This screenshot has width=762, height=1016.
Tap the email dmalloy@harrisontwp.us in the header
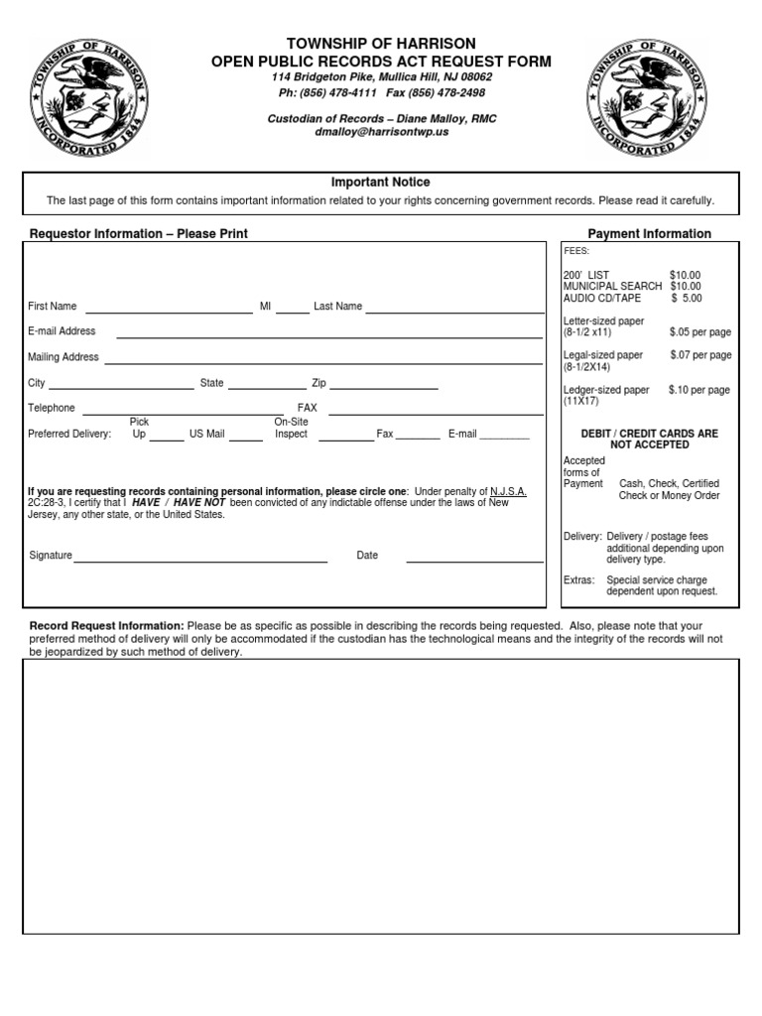(x=381, y=132)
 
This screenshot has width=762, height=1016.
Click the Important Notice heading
(x=381, y=183)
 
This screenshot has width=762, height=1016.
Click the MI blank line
(x=293, y=311)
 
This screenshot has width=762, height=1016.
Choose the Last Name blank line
(x=454, y=311)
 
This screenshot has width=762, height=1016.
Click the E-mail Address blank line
(x=329, y=336)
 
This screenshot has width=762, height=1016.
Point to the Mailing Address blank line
(x=324, y=361)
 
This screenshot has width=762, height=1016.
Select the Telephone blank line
(x=184, y=412)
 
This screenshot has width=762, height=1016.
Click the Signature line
(x=200, y=561)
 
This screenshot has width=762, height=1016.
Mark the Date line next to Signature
(x=474, y=561)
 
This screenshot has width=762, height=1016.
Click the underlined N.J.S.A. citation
(x=509, y=491)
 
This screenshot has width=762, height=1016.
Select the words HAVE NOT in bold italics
(x=200, y=503)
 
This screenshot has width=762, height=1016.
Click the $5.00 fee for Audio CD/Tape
(x=686, y=298)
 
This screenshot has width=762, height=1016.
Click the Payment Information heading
(x=650, y=234)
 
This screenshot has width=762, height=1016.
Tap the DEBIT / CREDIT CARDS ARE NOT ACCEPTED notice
(x=650, y=440)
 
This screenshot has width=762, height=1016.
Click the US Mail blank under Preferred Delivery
(x=246, y=437)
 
